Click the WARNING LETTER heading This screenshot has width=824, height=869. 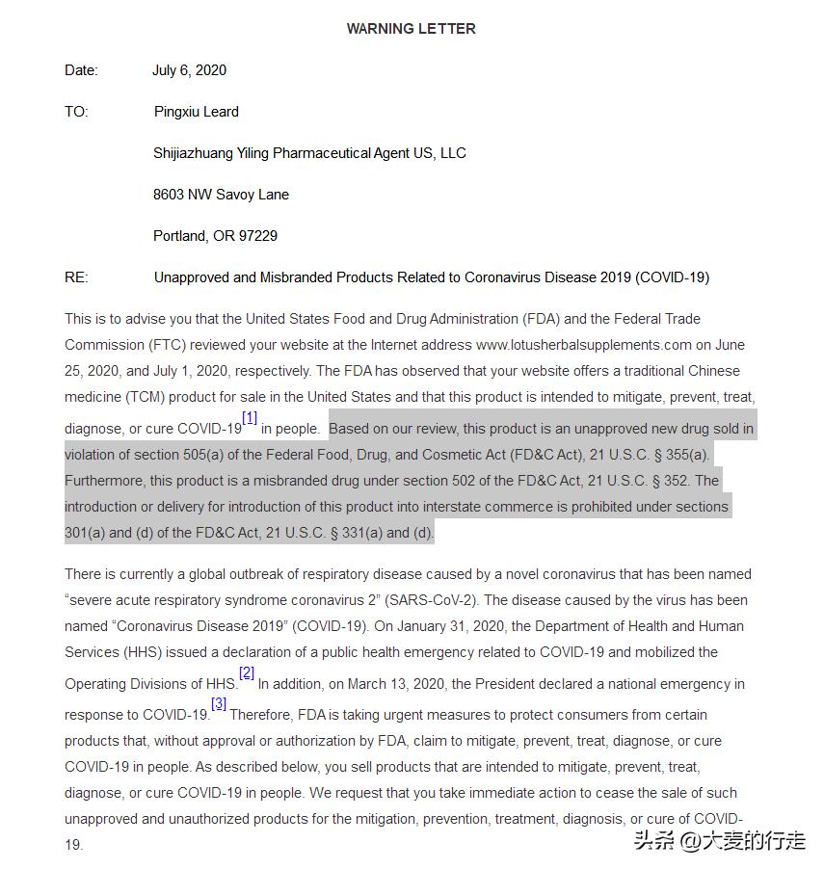411,29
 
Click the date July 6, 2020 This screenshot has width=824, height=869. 189,70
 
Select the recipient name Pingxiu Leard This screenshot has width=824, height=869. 196,112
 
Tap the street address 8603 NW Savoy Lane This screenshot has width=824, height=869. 221,195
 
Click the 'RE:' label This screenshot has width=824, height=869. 76,277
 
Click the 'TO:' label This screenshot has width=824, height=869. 76,112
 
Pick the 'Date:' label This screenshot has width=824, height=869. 81,70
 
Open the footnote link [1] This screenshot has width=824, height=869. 250,418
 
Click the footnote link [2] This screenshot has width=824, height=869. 247,673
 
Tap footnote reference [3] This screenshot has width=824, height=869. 219,704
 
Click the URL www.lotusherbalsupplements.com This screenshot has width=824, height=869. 584,345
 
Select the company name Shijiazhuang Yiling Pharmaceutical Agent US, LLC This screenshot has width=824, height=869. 309,153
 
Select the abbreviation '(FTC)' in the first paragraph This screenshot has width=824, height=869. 160,345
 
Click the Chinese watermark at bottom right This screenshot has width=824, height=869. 717,840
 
